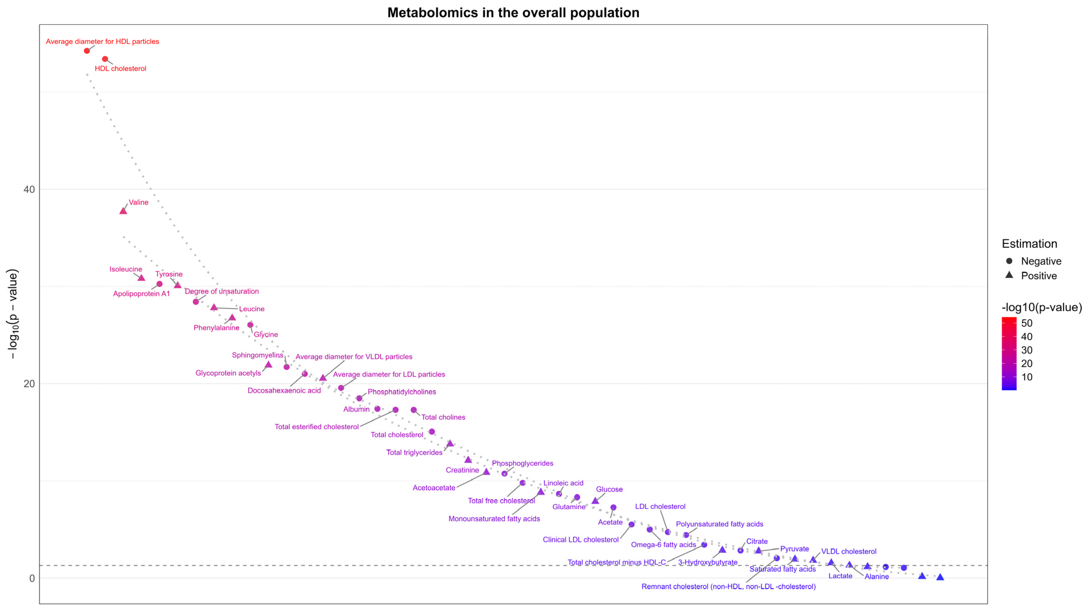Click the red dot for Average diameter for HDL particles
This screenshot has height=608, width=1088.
87,51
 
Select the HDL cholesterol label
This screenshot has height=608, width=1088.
120,68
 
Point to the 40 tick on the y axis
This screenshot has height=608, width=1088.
29,189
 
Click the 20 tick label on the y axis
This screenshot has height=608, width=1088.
29,384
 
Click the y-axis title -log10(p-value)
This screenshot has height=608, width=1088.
13,314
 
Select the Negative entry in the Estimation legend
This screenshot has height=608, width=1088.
1041,261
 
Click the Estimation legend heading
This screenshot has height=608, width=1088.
1029,244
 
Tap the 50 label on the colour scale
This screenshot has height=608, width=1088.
1026,323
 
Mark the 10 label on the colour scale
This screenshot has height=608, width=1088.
1026,377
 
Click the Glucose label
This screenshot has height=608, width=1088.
609,489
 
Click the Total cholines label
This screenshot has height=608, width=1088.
443,417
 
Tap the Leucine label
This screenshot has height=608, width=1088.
252,309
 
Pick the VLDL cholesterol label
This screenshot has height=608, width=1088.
849,552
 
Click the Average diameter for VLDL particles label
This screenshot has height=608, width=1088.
354,357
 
